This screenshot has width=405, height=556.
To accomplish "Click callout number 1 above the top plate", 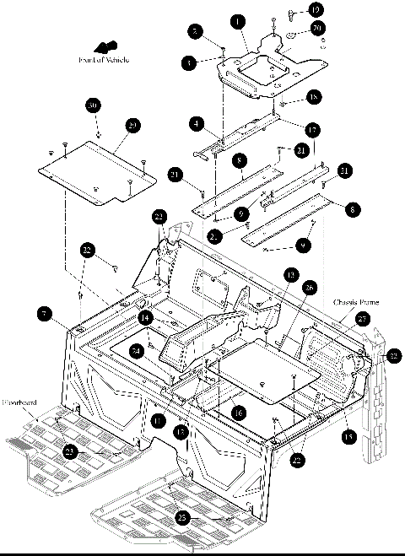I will point(240,20).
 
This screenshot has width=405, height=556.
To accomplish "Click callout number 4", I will point(197,124).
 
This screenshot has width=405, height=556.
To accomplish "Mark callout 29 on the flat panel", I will point(132,125).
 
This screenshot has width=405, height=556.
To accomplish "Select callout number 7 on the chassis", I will point(43,314).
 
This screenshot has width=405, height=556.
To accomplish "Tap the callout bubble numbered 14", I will point(146,318).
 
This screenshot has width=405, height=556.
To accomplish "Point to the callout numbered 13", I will point(289,275).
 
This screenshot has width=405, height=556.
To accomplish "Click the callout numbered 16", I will point(240,413).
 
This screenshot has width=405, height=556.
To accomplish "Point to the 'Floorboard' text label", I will point(19,403).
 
